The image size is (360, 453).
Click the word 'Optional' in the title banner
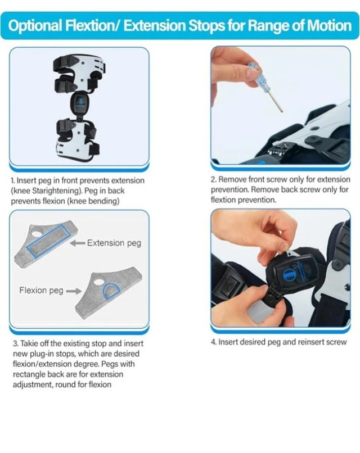35,26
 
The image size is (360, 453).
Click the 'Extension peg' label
114,243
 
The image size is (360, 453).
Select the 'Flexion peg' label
42,290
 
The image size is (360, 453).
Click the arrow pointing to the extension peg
78,243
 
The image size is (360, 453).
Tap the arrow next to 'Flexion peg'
74,291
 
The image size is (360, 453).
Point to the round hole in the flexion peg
98,280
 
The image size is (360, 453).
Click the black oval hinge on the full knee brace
79,103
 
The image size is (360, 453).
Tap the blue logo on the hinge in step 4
289,274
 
